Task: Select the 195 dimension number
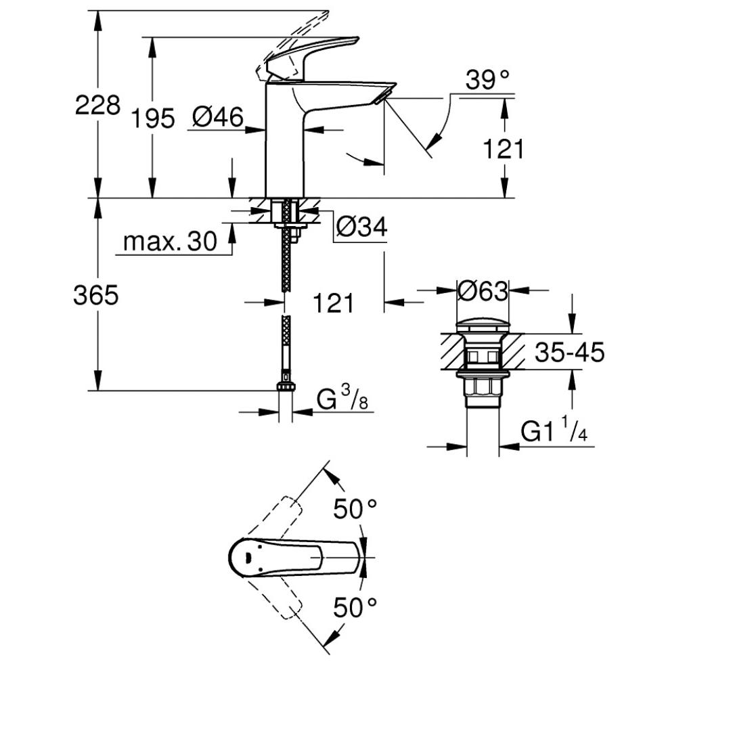[x=153, y=118]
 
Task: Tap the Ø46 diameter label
[x=218, y=117]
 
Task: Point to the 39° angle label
[x=487, y=80]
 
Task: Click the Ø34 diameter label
[x=362, y=227]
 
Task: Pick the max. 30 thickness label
[x=170, y=241]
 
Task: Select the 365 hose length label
[x=96, y=296]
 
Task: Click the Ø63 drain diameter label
[x=483, y=292]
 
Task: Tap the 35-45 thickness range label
[x=569, y=352]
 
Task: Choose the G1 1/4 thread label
[x=554, y=430]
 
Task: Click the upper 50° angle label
[x=355, y=508]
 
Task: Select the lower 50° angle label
[x=355, y=608]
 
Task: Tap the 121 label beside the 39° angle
[x=503, y=149]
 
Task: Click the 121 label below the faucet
[x=333, y=303]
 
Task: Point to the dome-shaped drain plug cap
[x=482, y=326]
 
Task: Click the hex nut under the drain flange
[x=483, y=388]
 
